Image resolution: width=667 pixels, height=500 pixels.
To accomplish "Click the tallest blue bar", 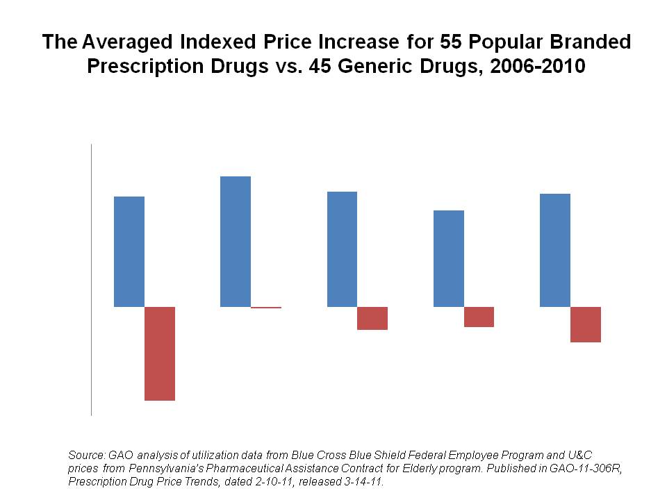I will point(236,241).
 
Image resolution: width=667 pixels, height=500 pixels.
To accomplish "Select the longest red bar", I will point(159,353).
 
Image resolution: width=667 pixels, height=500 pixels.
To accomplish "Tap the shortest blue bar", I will point(448,258).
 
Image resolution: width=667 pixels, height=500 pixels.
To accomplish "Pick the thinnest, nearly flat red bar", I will point(266,308).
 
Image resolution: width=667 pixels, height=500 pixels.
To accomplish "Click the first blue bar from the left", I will point(129,251).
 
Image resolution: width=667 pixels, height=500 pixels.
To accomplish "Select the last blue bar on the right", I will point(555,250).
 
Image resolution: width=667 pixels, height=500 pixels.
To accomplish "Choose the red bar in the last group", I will point(586,324).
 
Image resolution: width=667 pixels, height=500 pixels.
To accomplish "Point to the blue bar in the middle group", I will point(342,249).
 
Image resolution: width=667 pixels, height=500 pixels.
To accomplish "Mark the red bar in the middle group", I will point(372,318).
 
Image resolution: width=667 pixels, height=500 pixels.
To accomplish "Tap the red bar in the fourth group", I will point(479,317).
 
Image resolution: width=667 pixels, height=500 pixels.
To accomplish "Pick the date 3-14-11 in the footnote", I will point(362,481).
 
